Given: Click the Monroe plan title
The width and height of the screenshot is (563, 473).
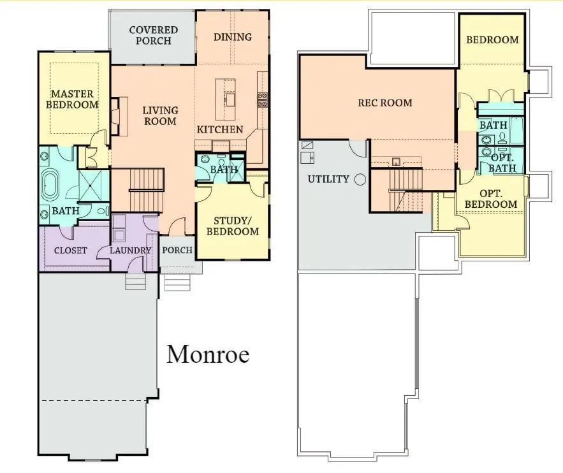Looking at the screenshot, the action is point(208,354).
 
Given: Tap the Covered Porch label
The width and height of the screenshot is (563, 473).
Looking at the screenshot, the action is point(153,35).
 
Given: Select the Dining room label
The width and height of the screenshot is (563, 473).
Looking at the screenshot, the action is point(233,37).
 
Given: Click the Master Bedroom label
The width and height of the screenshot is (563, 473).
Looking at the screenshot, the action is point(72,99).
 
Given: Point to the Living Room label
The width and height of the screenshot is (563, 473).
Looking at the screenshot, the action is point(160,115).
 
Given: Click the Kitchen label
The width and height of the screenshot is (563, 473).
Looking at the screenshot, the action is point(220,129).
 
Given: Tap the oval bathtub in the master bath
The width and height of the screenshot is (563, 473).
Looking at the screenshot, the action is point(50,185).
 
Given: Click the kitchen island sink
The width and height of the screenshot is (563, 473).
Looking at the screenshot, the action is point(230,99).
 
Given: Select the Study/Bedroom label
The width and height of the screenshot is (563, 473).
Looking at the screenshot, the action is point(233,226).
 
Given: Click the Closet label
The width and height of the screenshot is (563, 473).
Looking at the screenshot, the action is point(70,250).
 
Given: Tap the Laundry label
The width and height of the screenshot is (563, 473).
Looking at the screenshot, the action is point(130,250).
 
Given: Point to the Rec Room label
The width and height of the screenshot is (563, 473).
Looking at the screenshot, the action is point(385,103).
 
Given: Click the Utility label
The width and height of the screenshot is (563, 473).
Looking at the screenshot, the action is point(328,179).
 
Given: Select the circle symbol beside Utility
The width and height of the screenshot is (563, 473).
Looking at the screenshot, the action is point(360,179).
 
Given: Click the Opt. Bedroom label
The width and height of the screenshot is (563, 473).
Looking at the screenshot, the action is point(491,199).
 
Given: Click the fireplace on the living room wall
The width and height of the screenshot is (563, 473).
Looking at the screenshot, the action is point(119,116).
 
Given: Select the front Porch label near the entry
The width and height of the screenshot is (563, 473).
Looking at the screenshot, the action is point(177,250).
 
